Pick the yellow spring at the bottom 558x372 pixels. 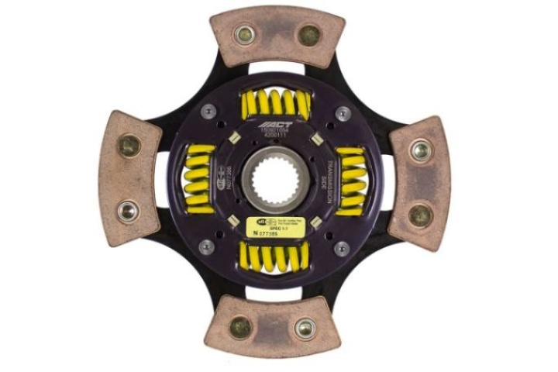tap(275, 257)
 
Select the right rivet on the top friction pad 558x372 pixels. tap(309, 34)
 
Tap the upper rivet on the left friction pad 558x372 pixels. tap(129, 145)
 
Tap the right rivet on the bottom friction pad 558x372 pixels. tap(305, 327)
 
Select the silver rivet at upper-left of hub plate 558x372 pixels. tap(207, 112)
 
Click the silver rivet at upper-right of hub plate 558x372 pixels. tap(342, 114)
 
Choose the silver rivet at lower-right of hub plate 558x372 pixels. tap(341, 248)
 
